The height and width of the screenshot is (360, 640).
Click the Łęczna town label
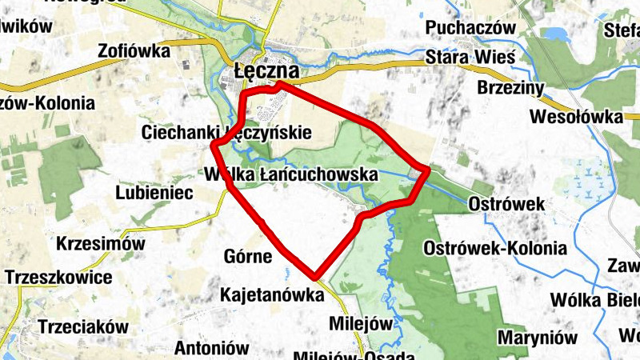pyautogui.click(x=267, y=72)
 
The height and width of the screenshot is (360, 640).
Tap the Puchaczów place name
pyautogui.click(x=470, y=28)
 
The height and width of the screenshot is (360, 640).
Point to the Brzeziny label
pyautogui.click(x=510, y=87)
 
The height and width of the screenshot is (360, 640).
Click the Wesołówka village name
pyautogui.click(x=576, y=118)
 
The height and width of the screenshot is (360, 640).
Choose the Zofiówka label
pyautogui.click(x=134, y=51)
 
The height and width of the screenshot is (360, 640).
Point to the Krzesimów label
pyautogui.click(x=101, y=243)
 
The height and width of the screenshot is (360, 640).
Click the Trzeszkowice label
pyautogui.click(x=58, y=278)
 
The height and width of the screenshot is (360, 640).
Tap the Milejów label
pyautogui.click(x=363, y=324)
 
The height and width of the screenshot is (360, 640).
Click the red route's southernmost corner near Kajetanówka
pyautogui.click(x=317, y=275)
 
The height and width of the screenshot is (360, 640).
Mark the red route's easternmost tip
pyautogui.click(x=428, y=170)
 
